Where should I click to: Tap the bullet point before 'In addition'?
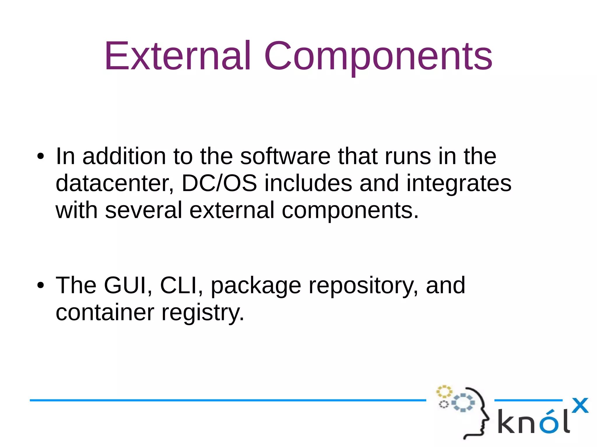coord(41,157)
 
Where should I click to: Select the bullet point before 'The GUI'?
coord(41,285)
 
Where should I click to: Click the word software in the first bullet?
coord(285,156)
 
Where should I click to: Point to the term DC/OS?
coord(219,183)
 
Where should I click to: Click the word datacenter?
coord(115,183)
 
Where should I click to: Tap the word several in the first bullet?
coord(143,210)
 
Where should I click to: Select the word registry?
coord(203,312)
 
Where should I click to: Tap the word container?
coord(105,312)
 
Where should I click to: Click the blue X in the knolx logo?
coord(580,405)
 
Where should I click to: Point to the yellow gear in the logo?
coord(444,392)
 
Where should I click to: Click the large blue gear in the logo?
coord(463,402)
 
